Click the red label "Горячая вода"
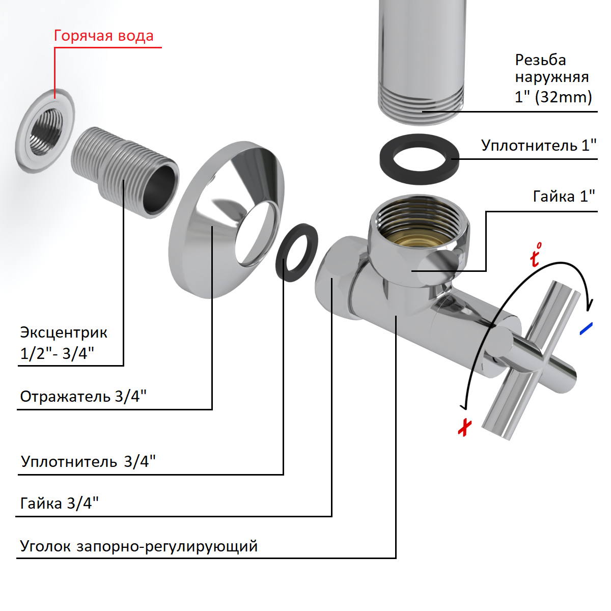[103, 36]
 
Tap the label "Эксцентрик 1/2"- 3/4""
[63, 343]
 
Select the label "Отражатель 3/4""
[83, 396]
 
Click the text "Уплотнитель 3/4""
[88, 462]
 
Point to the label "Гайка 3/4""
[59, 504]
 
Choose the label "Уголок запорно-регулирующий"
[138, 546]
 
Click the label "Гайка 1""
[564, 196]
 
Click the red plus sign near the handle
[464, 427]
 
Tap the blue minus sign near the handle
[587, 328]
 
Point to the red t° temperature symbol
[535, 255]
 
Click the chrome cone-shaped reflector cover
[224, 219]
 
